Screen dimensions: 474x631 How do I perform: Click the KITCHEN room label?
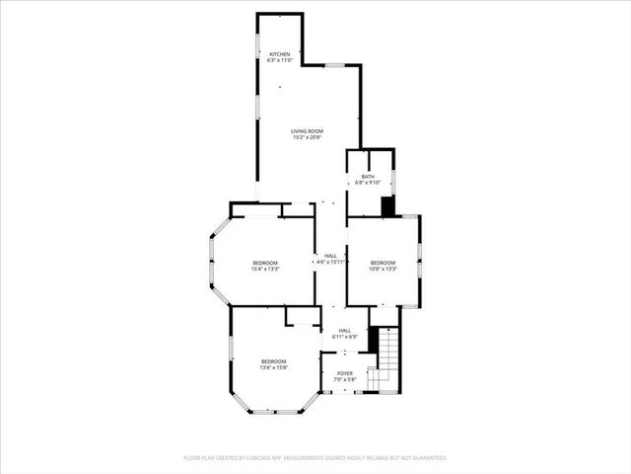click(280, 54)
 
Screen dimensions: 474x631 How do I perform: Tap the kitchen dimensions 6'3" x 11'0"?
click(280, 60)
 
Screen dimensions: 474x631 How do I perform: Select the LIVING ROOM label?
click(307, 131)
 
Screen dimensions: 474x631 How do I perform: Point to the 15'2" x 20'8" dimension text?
click(307, 137)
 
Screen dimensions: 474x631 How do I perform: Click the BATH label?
click(368, 177)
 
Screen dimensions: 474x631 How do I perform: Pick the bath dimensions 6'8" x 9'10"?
click(368, 183)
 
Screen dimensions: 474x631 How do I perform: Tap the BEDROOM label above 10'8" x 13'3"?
click(383, 262)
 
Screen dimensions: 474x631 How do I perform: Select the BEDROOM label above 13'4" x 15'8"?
click(273, 361)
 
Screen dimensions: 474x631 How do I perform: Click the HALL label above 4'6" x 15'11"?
click(330, 256)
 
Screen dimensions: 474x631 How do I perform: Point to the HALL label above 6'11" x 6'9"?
click(345, 331)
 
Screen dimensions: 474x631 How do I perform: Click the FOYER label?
click(343, 373)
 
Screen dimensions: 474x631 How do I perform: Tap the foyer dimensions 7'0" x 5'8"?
click(343, 379)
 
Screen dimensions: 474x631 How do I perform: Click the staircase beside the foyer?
click(386, 360)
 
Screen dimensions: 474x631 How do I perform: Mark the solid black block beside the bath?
click(387, 206)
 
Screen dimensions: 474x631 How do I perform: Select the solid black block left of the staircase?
click(374, 339)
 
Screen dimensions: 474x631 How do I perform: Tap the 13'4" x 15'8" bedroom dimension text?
click(273, 367)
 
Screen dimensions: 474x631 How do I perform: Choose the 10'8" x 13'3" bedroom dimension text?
click(383, 268)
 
